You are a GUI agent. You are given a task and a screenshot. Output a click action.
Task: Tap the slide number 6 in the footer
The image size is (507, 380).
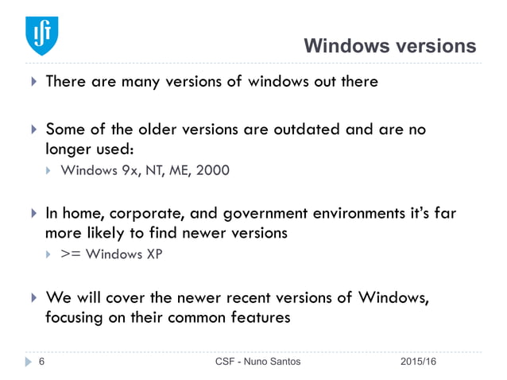coord(41,362)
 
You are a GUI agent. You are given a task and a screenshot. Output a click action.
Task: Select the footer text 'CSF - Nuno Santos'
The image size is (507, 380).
coord(258,362)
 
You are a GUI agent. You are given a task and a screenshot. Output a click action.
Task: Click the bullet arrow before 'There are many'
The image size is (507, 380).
coord(33,82)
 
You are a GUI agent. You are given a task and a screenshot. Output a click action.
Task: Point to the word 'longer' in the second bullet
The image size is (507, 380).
coord(68,148)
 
